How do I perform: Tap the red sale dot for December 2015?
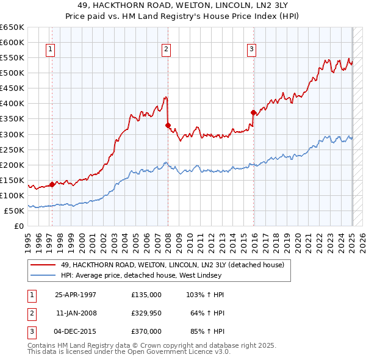[x=253, y=112]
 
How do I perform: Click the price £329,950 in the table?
[x=146, y=313]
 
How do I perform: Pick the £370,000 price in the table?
[x=146, y=331]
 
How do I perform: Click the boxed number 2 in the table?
[x=30, y=313]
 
